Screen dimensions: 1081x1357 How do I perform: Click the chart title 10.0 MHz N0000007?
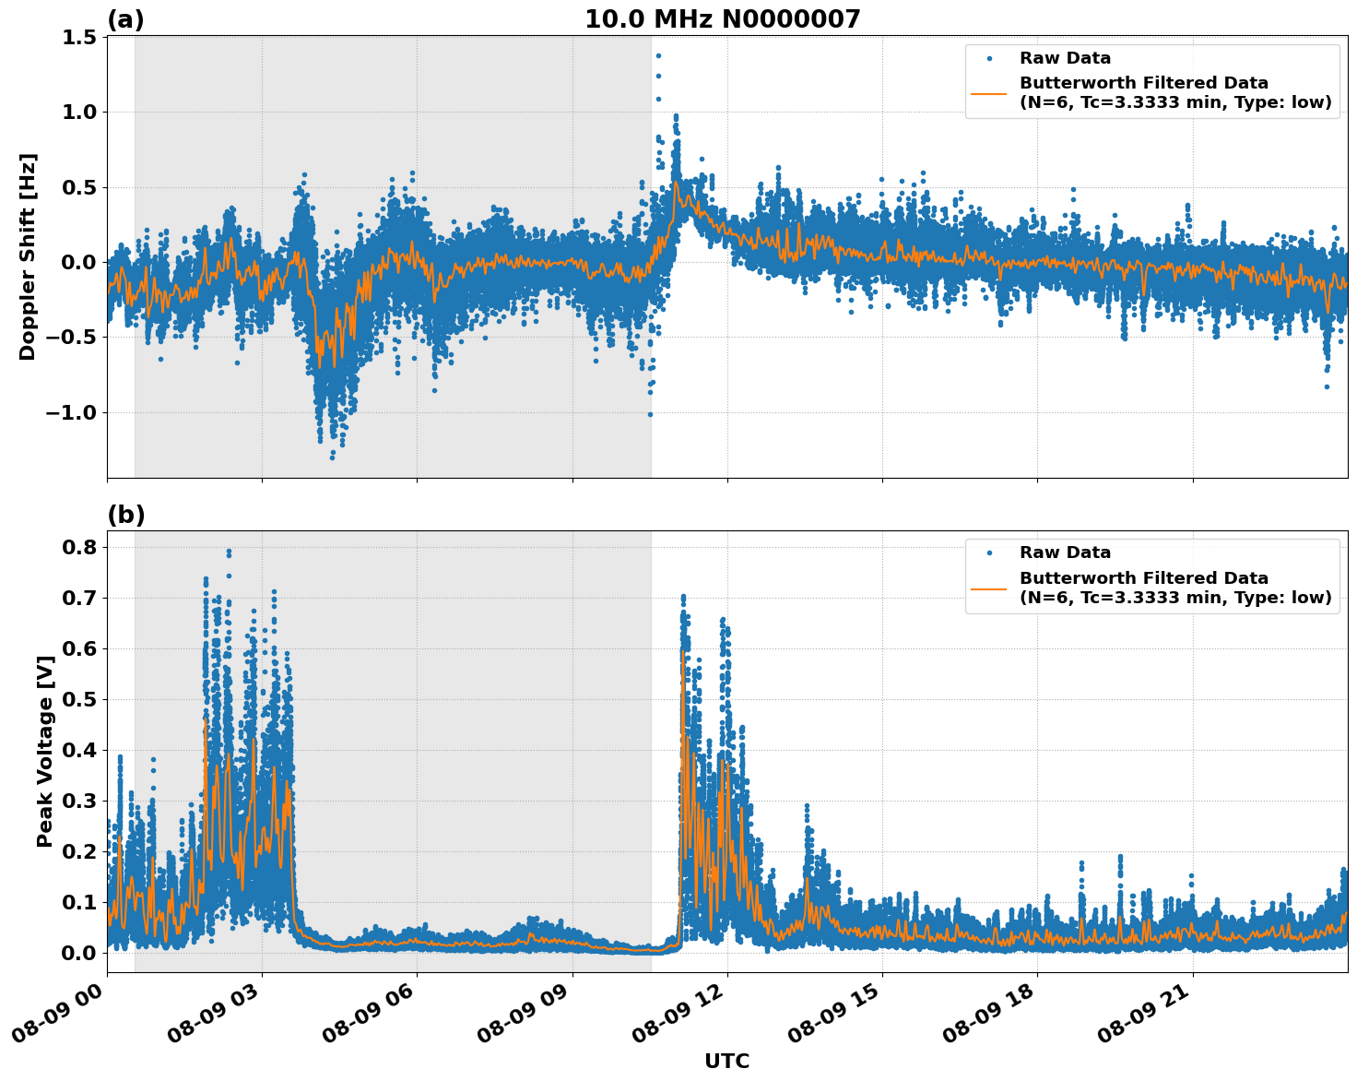(x=722, y=19)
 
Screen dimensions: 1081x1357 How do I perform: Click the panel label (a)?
(x=125, y=19)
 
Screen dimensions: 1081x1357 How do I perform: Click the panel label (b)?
(x=125, y=515)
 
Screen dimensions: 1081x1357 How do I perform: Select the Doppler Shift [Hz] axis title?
(x=28, y=256)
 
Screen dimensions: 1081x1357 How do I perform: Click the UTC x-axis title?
(x=726, y=1061)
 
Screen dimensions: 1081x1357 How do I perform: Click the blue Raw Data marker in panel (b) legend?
(x=989, y=552)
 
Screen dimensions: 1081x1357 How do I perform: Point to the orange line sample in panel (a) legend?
(x=989, y=92)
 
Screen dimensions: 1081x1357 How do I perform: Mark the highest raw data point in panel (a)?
(x=658, y=55)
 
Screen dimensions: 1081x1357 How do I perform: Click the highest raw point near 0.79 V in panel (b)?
(x=229, y=552)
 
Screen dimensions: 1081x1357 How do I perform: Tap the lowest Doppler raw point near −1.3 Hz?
(x=332, y=457)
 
